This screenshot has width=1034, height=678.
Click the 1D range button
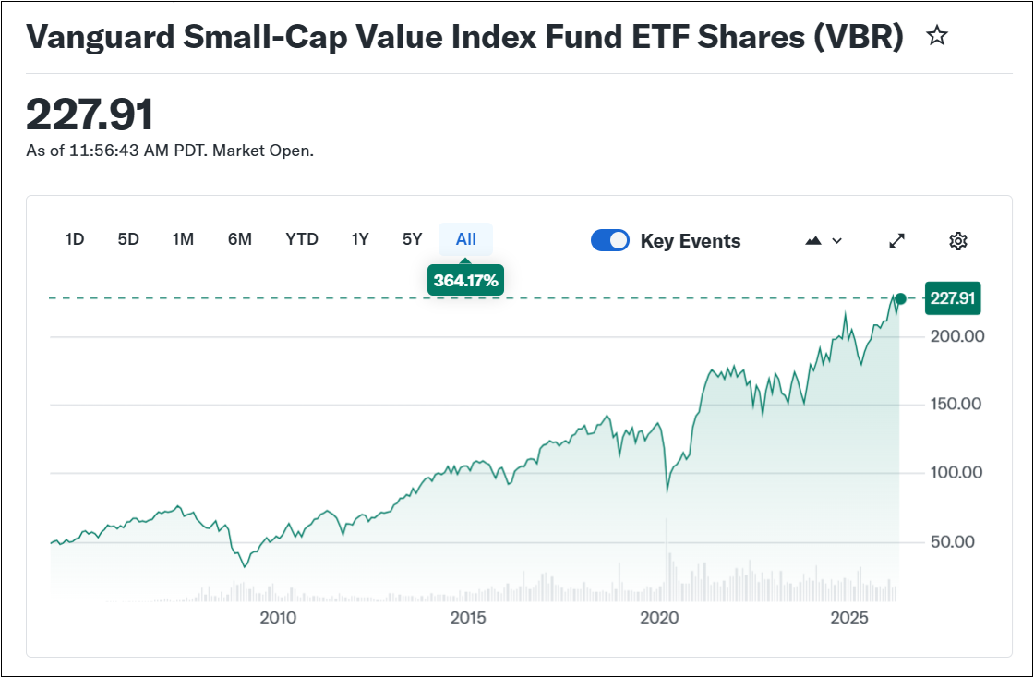pyautogui.click(x=75, y=239)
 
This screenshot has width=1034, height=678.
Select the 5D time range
pyautogui.click(x=128, y=239)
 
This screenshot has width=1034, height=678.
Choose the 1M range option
pyautogui.click(x=183, y=239)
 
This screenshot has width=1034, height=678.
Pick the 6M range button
pyautogui.click(x=240, y=239)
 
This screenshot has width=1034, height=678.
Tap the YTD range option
pyautogui.click(x=302, y=239)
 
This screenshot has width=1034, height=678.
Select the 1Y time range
pyautogui.click(x=360, y=239)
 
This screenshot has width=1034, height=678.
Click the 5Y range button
pyautogui.click(x=413, y=239)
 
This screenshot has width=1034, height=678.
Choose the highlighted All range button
pyautogui.click(x=466, y=239)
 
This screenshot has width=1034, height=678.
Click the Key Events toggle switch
pyautogui.click(x=610, y=241)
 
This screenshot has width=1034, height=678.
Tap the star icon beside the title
pyautogui.click(x=937, y=36)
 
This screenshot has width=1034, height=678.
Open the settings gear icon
pyautogui.click(x=958, y=241)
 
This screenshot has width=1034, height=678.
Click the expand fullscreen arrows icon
pyautogui.click(x=896, y=241)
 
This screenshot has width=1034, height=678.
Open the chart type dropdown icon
pyautogui.click(x=824, y=241)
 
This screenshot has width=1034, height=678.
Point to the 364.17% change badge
pyautogui.click(x=465, y=280)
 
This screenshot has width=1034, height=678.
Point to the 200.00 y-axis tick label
pyautogui.click(x=957, y=336)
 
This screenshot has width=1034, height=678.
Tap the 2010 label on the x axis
pyautogui.click(x=278, y=618)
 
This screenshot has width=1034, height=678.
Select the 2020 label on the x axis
pyautogui.click(x=659, y=618)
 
